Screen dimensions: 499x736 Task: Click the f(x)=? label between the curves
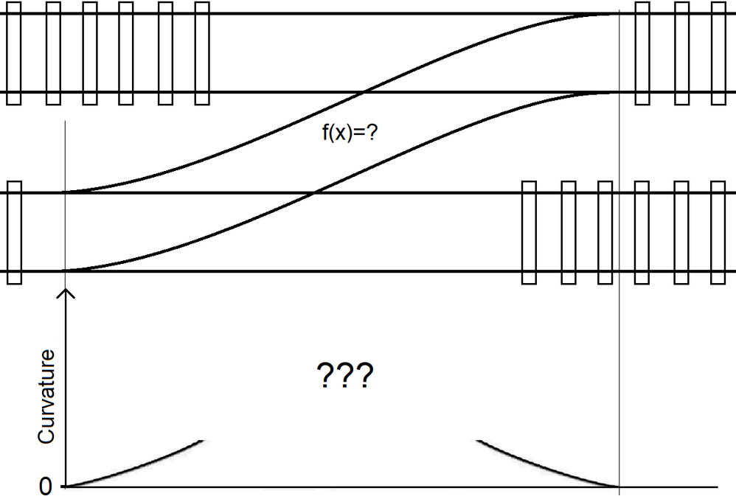[347, 136]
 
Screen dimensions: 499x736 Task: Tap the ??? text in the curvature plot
[344, 377]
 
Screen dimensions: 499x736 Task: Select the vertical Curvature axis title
[47, 397]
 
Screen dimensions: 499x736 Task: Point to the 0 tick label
[46, 487]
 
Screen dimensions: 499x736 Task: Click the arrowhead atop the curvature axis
[67, 293]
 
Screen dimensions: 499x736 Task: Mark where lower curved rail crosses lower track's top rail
[315, 193]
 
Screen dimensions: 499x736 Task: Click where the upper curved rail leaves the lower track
[66, 193]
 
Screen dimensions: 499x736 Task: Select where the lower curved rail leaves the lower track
[66, 271]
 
